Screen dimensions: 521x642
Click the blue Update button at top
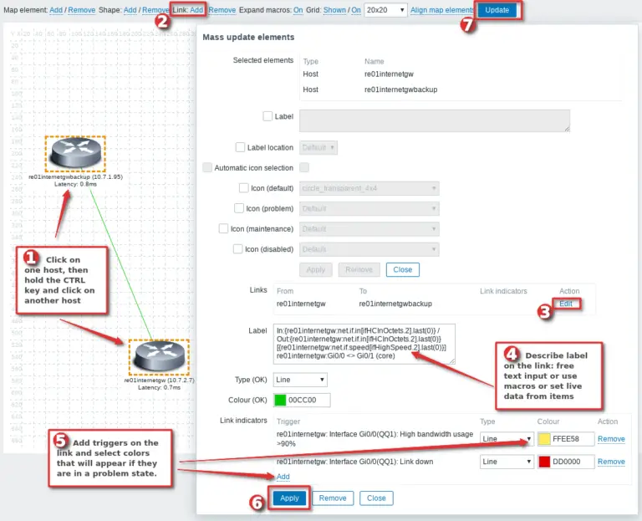(497, 10)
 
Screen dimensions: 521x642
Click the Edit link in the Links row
(566, 304)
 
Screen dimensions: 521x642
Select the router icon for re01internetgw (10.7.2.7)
(159, 358)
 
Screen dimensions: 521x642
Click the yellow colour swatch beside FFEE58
(544, 439)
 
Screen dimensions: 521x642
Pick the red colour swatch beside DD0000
(544, 462)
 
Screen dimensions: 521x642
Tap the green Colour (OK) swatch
(280, 400)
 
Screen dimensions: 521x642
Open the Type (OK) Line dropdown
(299, 380)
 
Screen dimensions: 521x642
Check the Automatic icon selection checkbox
(207, 167)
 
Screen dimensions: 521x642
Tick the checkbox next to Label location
(241, 147)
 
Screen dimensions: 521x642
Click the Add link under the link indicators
(283, 477)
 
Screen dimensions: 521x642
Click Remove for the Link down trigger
(610, 462)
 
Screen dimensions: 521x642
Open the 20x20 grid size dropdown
(385, 10)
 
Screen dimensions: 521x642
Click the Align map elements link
(442, 10)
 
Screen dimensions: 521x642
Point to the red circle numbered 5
(61, 441)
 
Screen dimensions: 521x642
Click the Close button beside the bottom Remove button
(376, 498)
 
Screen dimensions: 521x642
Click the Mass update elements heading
(248, 38)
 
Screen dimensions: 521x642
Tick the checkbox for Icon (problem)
(239, 208)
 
